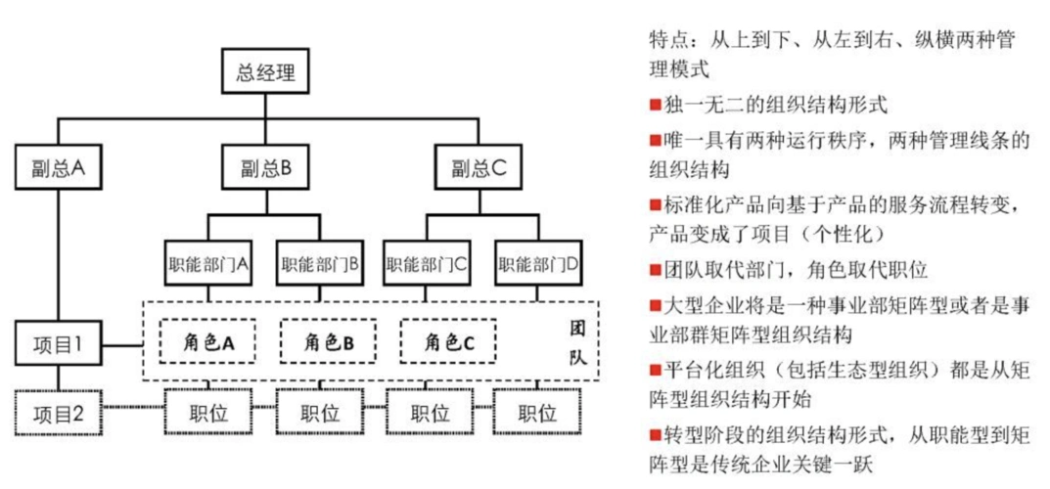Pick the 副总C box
click(x=479, y=167)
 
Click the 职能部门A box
click(x=205, y=263)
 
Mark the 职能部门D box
click(x=537, y=263)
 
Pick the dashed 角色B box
click(x=328, y=341)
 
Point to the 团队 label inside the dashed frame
click(x=576, y=342)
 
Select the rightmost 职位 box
click(x=537, y=413)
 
